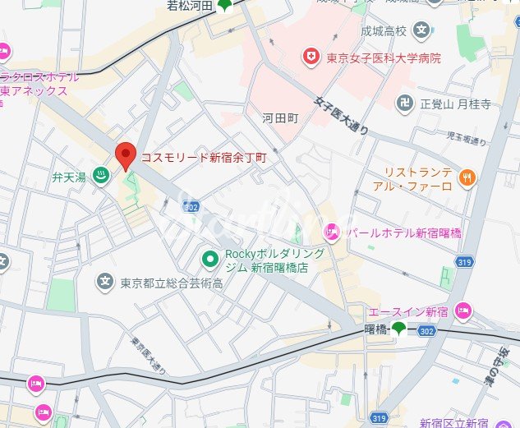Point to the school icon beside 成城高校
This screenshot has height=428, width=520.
click(x=421, y=31)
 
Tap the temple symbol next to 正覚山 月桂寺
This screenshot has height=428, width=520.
click(x=405, y=104)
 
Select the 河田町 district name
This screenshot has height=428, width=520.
click(x=278, y=117)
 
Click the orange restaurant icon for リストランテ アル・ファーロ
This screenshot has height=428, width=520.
click(x=467, y=174)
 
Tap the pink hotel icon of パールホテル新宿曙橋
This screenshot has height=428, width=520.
click(x=333, y=232)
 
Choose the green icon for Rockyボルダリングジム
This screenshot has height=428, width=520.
click(x=210, y=259)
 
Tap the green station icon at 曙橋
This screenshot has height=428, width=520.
click(x=398, y=329)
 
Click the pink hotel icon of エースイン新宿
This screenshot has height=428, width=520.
click(x=463, y=311)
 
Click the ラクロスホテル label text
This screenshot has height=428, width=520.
click(x=41, y=76)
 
